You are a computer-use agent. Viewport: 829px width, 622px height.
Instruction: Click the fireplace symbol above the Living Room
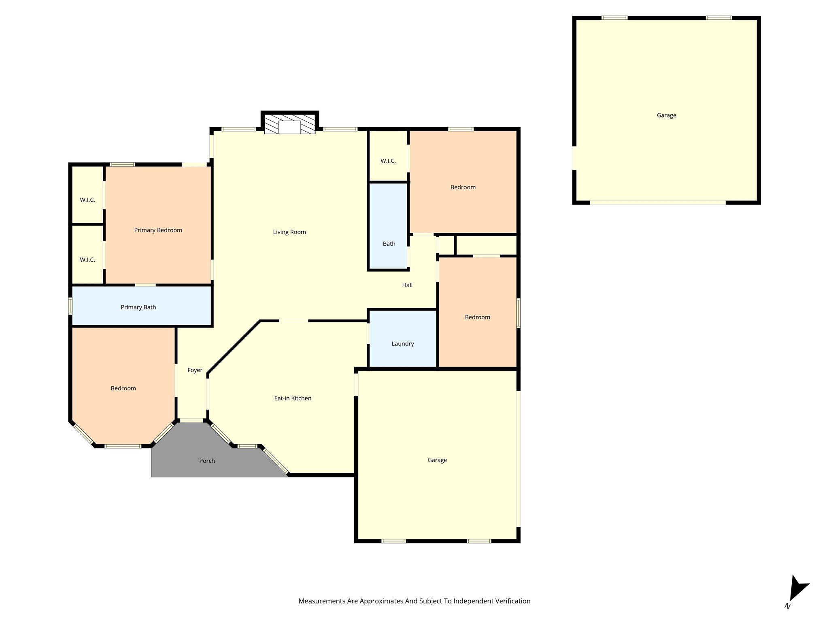tap(289, 124)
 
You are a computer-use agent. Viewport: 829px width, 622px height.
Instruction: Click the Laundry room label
tap(402, 344)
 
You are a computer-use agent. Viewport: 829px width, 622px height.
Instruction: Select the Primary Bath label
tap(138, 307)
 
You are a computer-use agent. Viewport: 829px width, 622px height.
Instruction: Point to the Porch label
tap(207, 461)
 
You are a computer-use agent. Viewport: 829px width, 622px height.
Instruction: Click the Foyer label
tap(195, 370)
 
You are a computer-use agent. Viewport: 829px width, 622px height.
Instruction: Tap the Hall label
tap(407, 285)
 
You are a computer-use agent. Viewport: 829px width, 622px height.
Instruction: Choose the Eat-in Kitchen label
tap(293, 398)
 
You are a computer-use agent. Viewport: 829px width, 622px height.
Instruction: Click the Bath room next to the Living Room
tap(389, 244)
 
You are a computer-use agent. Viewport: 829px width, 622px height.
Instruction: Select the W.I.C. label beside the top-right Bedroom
tap(388, 161)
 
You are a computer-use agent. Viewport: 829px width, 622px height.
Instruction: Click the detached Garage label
tap(666, 115)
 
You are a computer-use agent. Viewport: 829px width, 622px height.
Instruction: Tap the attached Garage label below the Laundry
tap(437, 460)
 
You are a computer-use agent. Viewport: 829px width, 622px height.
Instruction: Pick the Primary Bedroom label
tap(158, 230)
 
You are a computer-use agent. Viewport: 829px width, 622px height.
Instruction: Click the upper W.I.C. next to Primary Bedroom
tap(87, 200)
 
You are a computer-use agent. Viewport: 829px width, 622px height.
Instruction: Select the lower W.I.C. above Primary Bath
tap(87, 260)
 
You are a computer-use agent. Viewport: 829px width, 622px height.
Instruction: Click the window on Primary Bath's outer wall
tap(70, 306)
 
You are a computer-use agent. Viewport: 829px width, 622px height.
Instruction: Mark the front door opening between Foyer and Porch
tap(191, 420)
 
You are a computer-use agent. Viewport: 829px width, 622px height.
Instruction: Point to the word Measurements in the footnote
tap(321, 601)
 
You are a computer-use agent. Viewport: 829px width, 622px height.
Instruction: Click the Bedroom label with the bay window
tap(123, 388)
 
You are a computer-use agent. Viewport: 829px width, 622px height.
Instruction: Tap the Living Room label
tap(289, 232)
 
